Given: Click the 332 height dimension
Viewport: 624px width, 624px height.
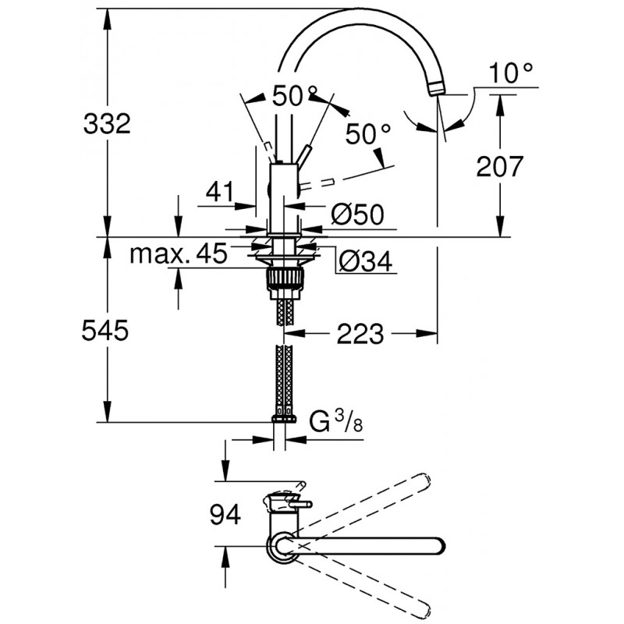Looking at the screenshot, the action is click(x=107, y=123).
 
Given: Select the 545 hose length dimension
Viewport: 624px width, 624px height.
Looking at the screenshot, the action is click(x=105, y=330).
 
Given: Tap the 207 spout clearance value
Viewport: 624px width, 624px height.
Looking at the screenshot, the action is click(x=500, y=166).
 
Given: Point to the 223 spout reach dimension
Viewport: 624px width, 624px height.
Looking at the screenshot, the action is click(x=360, y=334).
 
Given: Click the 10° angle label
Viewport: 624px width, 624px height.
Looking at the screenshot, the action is click(x=511, y=73).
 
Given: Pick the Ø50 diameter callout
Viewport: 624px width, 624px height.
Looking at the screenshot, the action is click(x=357, y=214).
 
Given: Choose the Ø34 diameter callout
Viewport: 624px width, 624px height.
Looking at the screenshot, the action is click(x=366, y=261).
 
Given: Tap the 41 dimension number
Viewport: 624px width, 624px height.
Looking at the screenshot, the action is click(x=220, y=191).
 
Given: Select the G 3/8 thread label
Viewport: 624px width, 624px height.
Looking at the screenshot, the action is click(x=336, y=423).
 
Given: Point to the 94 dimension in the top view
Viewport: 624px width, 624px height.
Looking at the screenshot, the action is click(x=225, y=514).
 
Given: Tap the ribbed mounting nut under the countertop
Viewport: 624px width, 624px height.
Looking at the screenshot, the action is click(x=285, y=277).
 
